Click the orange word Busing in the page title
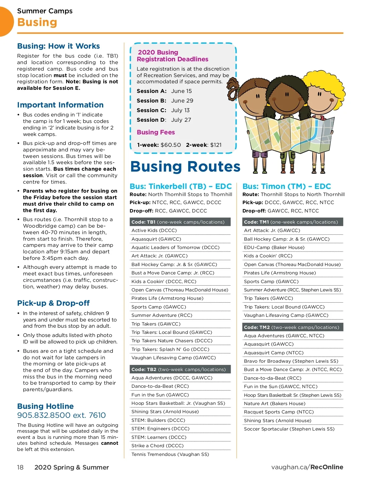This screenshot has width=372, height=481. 37,22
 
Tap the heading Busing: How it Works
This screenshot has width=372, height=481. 58,46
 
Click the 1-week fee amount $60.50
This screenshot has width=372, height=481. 170,145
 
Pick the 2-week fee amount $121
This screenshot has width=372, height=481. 216,145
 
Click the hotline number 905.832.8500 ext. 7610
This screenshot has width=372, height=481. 61,415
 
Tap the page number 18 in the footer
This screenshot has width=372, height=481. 20,467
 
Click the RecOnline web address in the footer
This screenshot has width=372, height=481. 307,467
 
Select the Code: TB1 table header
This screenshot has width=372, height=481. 180,222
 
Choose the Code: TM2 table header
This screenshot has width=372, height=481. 292,327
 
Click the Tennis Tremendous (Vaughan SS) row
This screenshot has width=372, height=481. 170,454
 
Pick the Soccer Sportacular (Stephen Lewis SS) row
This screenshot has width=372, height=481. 289,429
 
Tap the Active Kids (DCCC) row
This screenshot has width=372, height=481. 154,230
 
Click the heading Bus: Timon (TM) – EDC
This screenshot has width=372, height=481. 287,186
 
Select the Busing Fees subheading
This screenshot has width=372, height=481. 156,132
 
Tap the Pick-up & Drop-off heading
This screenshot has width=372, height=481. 53,303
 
